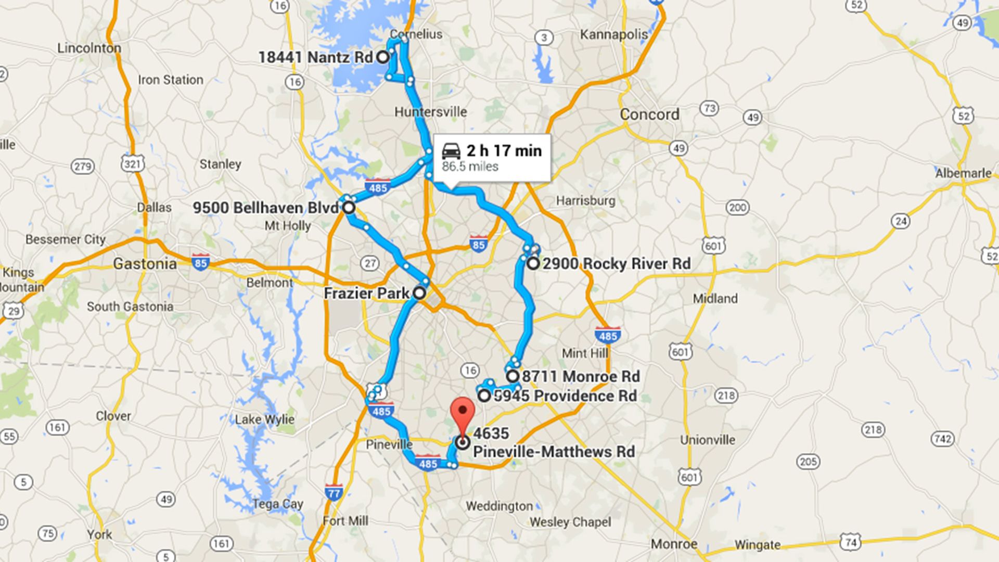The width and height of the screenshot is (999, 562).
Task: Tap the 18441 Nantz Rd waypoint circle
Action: pos(382,57)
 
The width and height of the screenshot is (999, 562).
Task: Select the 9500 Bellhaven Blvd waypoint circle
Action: pos(348,208)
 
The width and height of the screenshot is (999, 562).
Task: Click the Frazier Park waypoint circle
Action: pos(419,293)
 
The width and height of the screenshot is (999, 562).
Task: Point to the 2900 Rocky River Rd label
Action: pos(617,264)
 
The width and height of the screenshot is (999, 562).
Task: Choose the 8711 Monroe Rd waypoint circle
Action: pos(513,376)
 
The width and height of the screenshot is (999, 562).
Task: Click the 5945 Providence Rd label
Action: pos(565,396)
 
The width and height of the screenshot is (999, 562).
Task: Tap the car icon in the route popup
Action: pos(451,151)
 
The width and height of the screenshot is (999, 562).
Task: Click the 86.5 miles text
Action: pos(470,167)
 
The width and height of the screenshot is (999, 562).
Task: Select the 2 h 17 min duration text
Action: pos(504,151)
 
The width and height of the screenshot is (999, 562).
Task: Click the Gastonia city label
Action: pos(145,264)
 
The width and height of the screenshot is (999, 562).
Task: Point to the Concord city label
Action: pos(649,114)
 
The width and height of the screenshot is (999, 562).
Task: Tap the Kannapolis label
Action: pos(613,35)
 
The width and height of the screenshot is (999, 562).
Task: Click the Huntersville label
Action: pos(430,112)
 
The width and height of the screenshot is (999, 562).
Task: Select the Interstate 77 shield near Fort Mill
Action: pos(333,492)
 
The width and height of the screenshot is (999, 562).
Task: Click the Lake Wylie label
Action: pos(264,419)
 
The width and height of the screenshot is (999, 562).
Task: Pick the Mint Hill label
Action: pos(585,353)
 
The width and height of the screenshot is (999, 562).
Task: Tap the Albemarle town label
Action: pos(963,173)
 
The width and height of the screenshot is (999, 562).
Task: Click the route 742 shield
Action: pos(942,439)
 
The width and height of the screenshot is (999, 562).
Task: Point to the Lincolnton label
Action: pos(89,48)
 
